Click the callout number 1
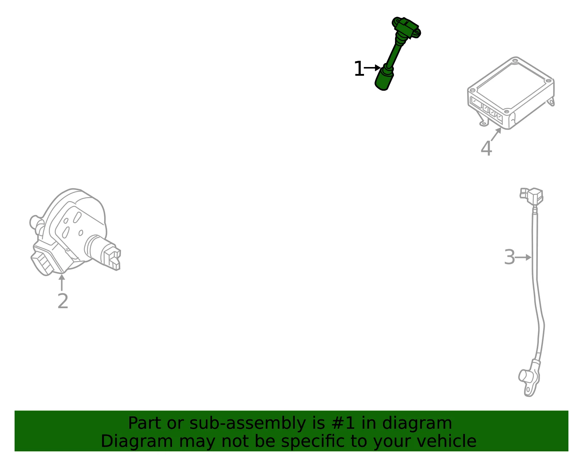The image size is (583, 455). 359,69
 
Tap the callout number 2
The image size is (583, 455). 63,301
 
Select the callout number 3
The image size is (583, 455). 509,257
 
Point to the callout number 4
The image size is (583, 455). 486,148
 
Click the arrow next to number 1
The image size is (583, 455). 372,67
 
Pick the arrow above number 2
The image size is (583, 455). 62,282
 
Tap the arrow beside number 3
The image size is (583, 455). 523,258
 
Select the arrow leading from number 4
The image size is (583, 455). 496,134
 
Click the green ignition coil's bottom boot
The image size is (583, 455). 384,78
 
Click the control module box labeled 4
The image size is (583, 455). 510,93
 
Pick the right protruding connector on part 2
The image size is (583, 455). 107,255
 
